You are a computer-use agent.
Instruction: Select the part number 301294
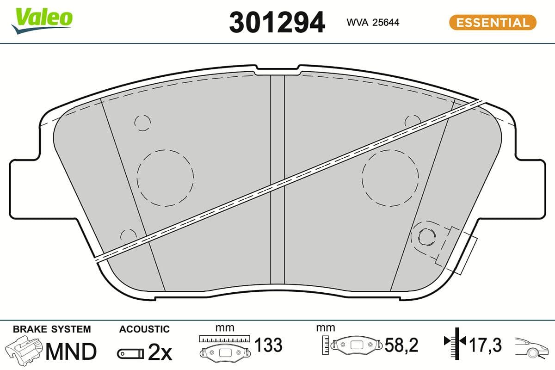point(277,22)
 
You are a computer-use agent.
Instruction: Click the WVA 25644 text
point(373,22)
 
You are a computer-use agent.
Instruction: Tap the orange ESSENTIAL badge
point(493,22)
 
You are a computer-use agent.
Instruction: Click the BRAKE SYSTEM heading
point(52,329)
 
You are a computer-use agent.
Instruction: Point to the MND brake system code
point(70,351)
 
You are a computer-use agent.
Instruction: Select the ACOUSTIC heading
point(144,329)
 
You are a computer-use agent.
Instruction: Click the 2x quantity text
point(160,353)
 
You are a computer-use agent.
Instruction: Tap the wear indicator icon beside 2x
point(130,354)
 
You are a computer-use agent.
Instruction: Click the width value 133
point(268,345)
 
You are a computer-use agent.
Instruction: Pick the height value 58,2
point(401,345)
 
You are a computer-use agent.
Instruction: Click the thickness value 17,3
point(485,345)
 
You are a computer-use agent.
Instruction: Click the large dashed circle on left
point(165,178)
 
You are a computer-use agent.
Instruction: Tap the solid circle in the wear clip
point(426,237)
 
